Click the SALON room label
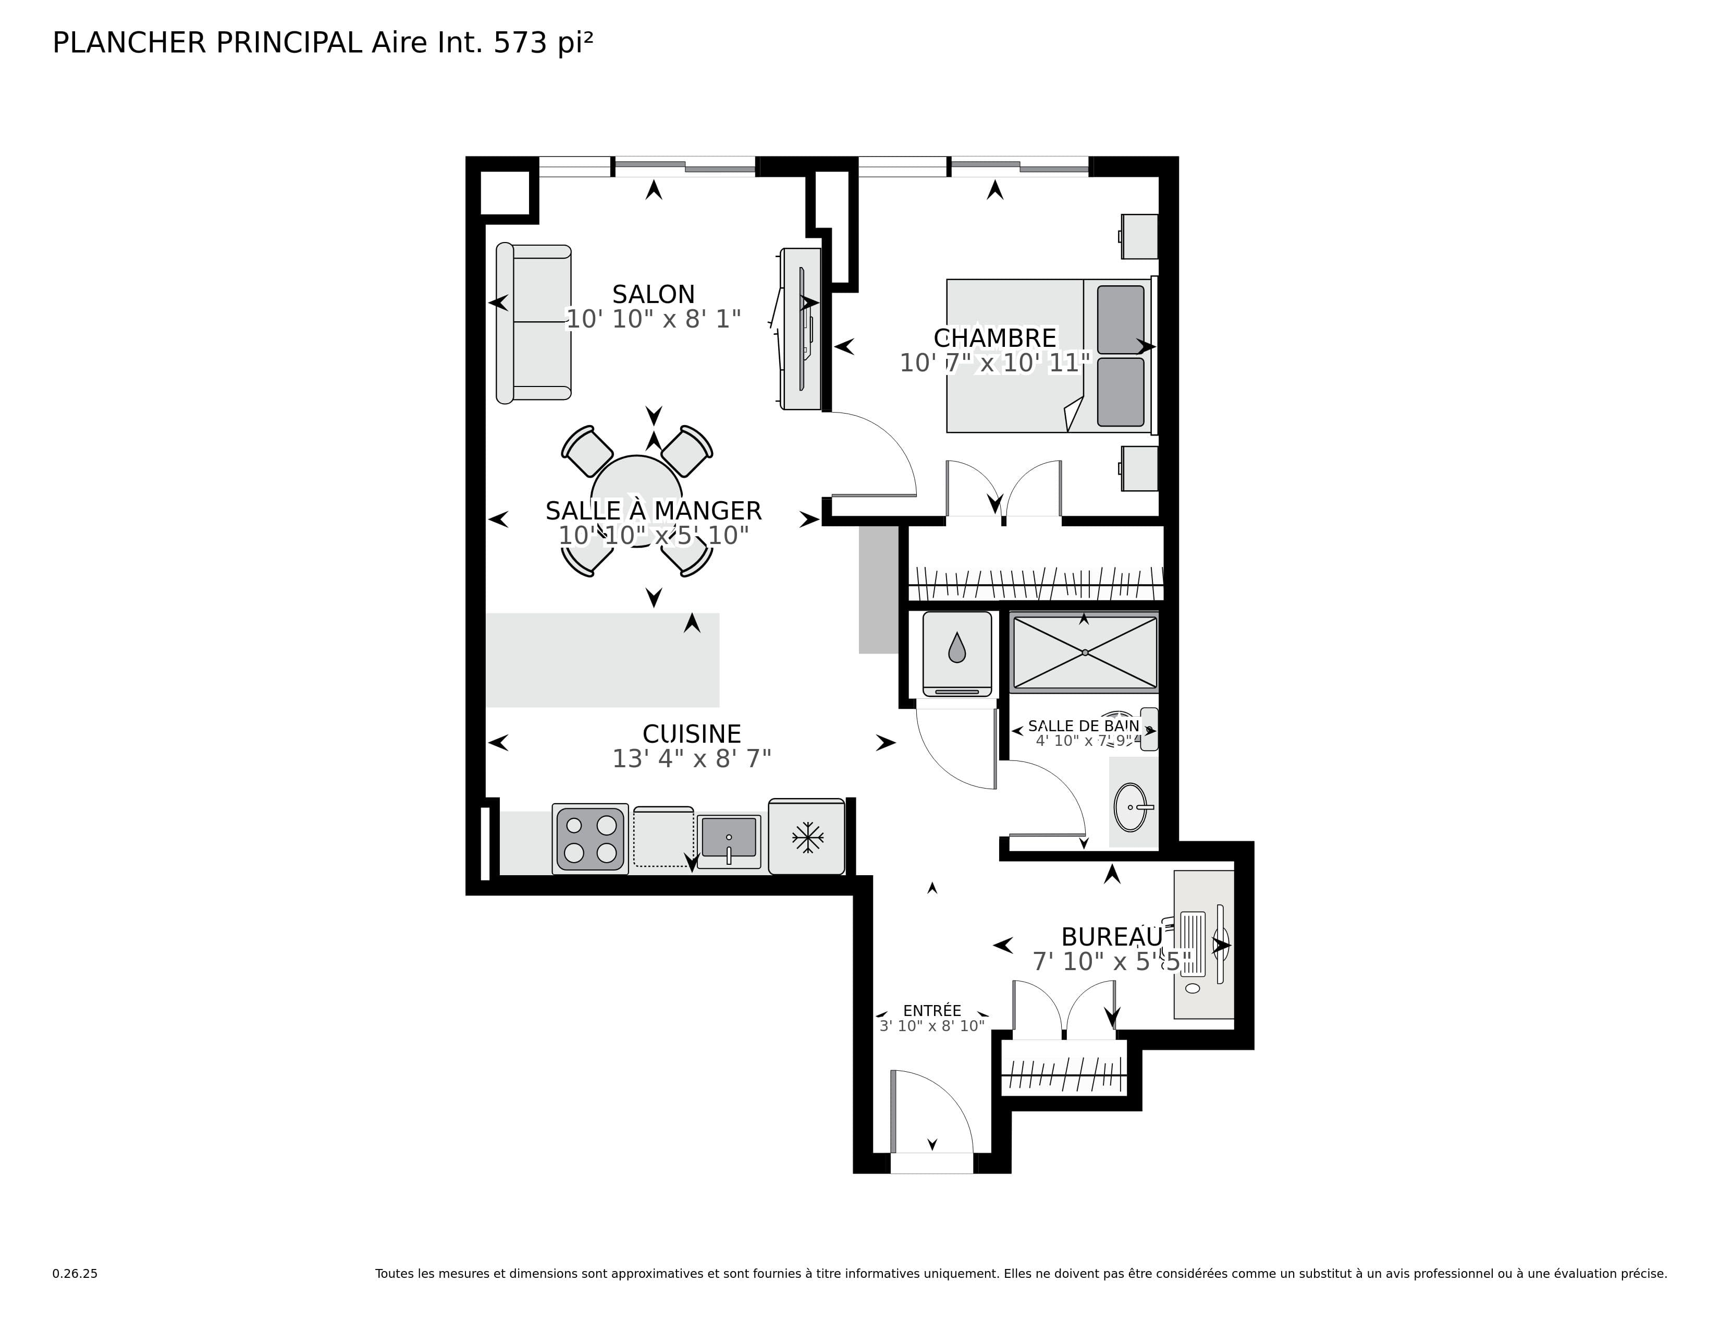click(x=654, y=295)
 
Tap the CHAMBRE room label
click(x=994, y=338)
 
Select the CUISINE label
click(x=692, y=734)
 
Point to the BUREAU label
click(x=1111, y=937)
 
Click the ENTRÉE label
click(x=932, y=1011)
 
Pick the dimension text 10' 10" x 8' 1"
click(x=654, y=319)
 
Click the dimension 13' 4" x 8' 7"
click(x=692, y=759)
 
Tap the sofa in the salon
click(x=533, y=322)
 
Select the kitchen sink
click(x=729, y=841)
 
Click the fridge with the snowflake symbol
click(x=806, y=837)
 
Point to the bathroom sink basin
click(x=1132, y=807)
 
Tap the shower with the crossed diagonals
click(x=1085, y=652)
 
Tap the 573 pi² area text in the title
click(x=544, y=43)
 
